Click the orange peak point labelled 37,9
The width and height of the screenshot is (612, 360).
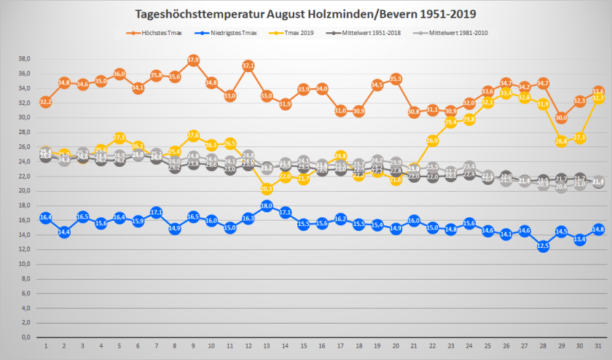pyautogui.click(x=193, y=60)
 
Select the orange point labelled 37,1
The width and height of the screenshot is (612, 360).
pyautogui.click(x=248, y=66)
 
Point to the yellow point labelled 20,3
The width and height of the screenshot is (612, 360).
pyautogui.click(x=267, y=189)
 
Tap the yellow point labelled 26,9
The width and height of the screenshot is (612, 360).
pyautogui.click(x=432, y=140)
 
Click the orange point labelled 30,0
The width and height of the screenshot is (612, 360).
pyautogui.click(x=561, y=117)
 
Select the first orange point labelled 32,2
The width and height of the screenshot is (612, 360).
pyautogui.click(x=45, y=101)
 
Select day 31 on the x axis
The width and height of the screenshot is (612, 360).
pyautogui.click(x=598, y=345)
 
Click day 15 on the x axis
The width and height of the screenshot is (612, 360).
pyautogui.click(x=303, y=345)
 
